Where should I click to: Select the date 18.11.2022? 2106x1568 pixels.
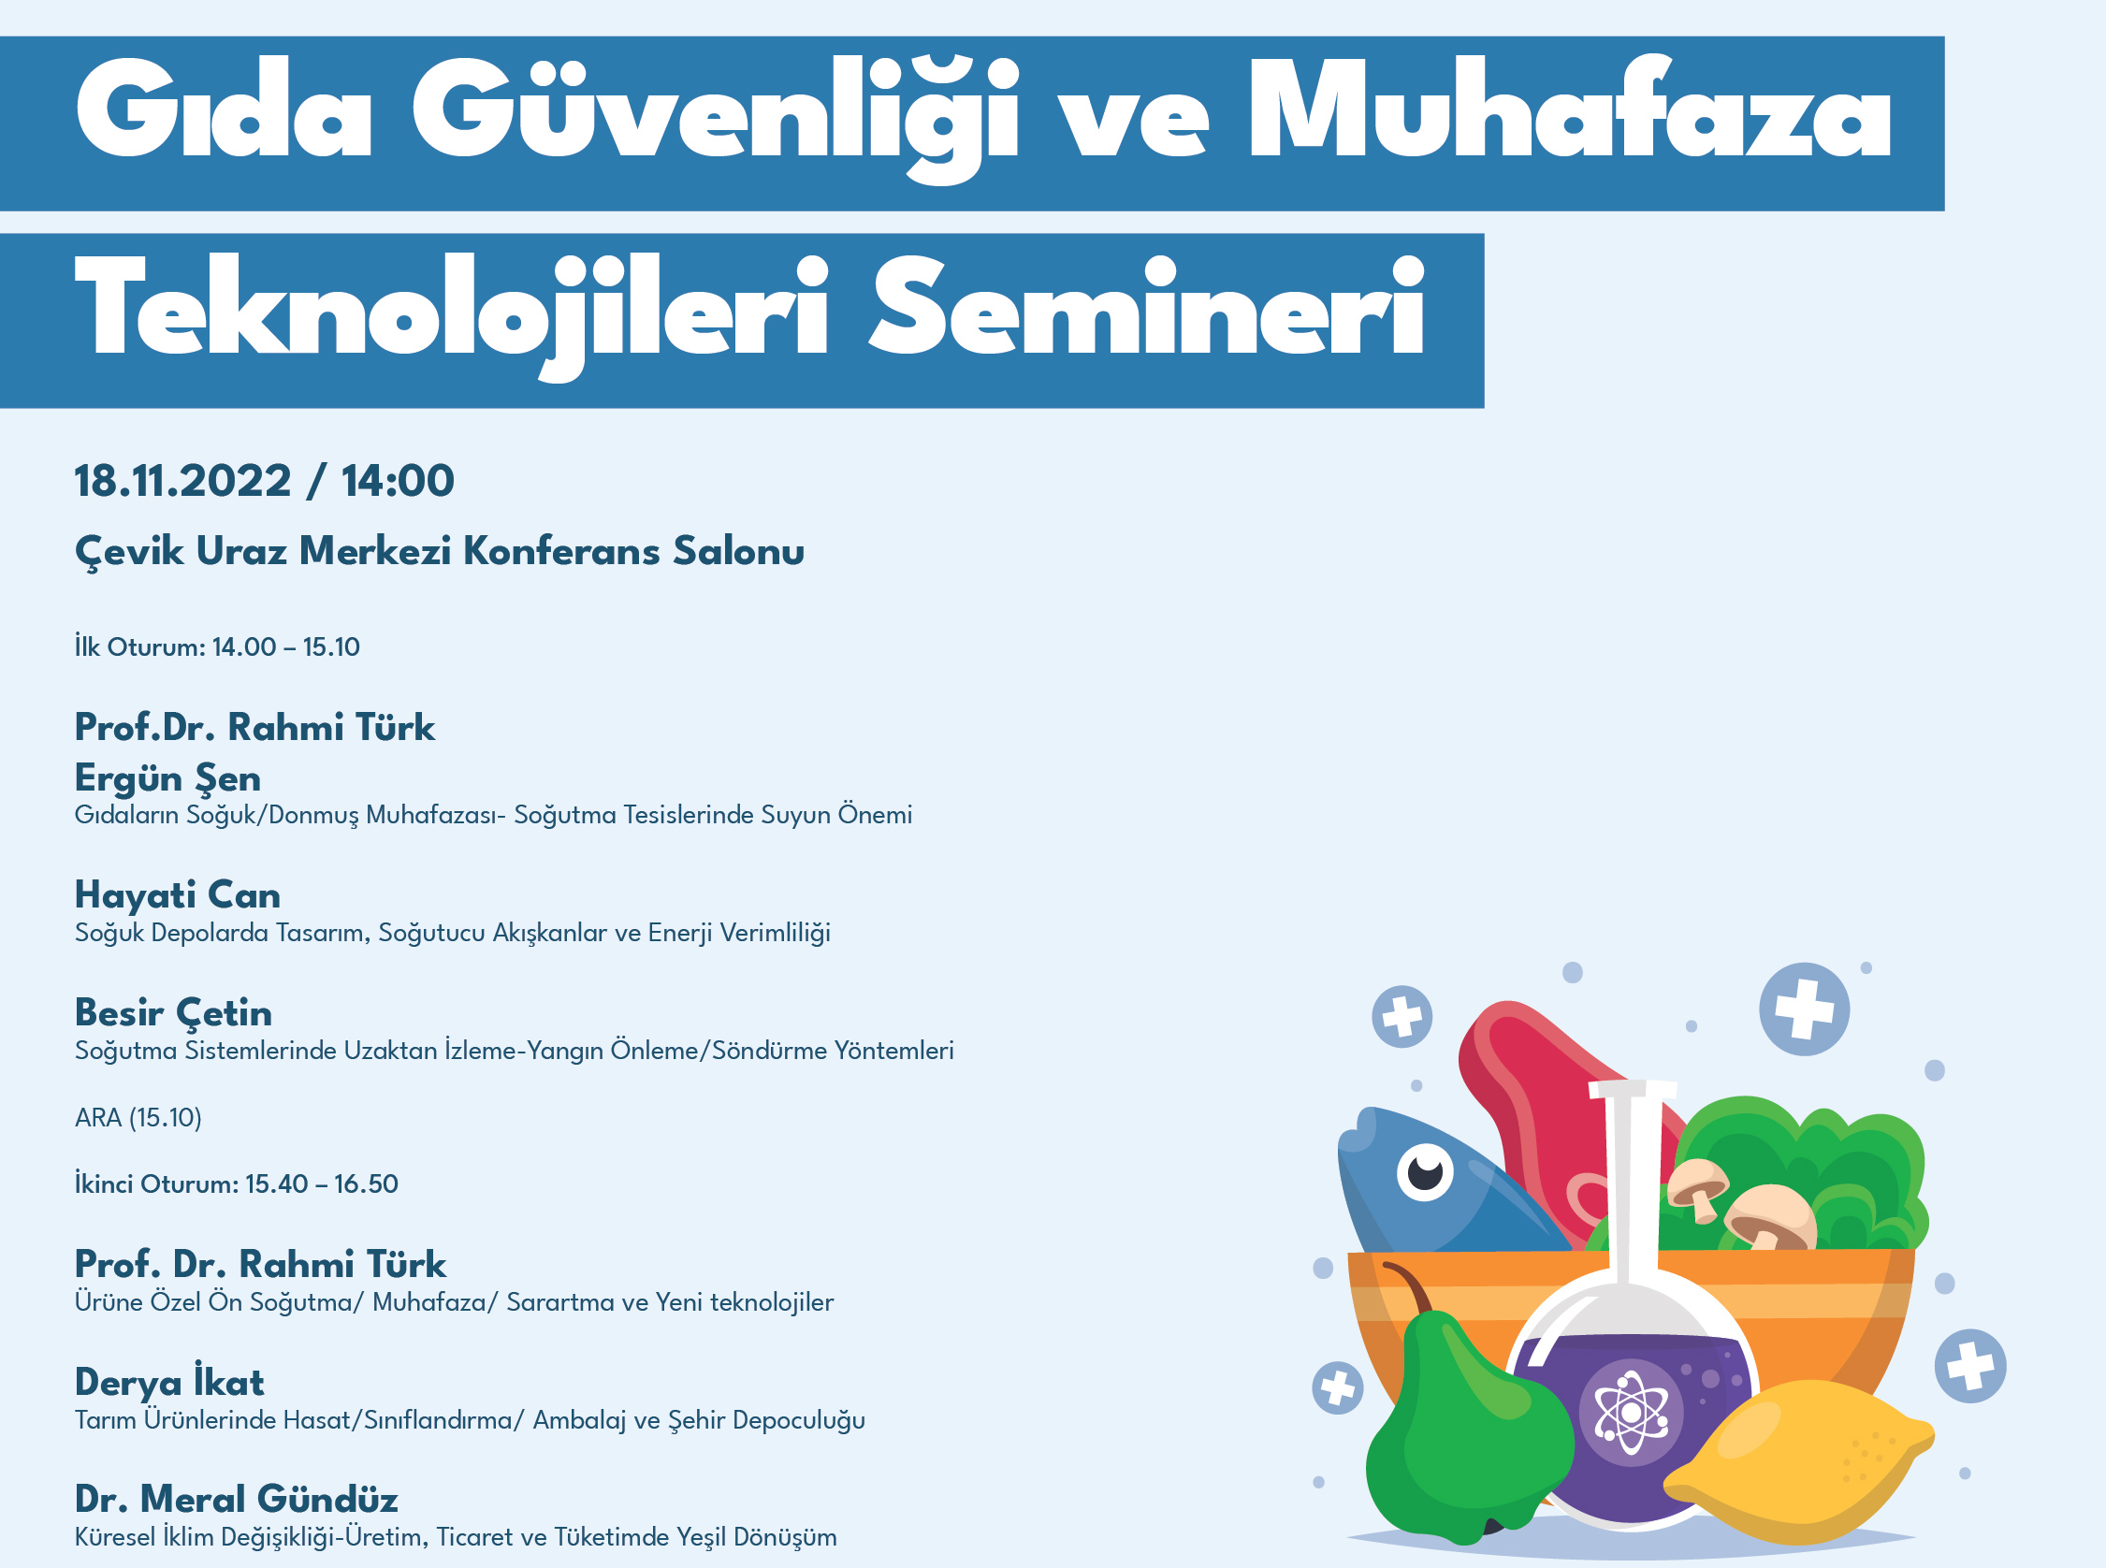click(182, 480)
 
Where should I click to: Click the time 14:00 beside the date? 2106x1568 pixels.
click(398, 480)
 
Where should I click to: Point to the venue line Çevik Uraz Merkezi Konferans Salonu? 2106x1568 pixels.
click(440, 551)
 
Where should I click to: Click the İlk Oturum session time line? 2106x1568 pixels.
click(217, 647)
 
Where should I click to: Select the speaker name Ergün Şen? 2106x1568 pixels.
click(167, 778)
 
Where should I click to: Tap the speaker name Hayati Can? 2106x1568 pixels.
click(178, 895)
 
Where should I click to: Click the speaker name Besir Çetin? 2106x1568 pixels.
click(174, 1013)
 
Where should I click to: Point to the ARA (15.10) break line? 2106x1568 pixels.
click(138, 1117)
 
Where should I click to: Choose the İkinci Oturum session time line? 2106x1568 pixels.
click(237, 1183)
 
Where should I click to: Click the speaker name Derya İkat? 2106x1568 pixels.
click(170, 1382)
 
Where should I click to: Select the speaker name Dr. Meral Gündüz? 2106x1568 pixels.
click(237, 1499)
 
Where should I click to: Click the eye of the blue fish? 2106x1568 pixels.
click(1425, 1173)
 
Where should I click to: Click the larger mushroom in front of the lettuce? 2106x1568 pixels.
click(1770, 1215)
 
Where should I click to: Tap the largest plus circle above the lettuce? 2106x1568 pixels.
click(1803, 1009)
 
